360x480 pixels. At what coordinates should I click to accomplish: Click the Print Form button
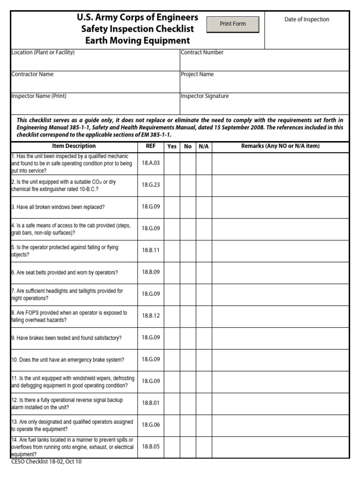(x=232, y=24)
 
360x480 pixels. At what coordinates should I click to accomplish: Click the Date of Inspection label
(x=307, y=19)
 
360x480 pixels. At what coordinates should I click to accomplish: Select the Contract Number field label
(x=202, y=52)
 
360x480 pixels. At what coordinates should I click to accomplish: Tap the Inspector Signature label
(x=205, y=96)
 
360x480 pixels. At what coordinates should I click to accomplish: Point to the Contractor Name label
(x=32, y=74)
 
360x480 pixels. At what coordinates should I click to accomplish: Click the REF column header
(x=150, y=146)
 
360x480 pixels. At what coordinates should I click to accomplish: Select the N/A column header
(x=203, y=147)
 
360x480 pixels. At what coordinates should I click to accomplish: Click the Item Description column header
(x=74, y=146)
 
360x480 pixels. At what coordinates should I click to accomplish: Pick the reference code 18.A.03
(x=150, y=163)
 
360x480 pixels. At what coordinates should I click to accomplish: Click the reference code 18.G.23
(x=150, y=185)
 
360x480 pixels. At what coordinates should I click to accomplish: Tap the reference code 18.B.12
(x=150, y=316)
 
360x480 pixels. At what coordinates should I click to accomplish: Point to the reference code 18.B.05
(x=150, y=447)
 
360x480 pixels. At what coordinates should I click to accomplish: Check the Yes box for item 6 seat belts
(x=172, y=272)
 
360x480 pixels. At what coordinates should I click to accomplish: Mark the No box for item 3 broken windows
(x=187, y=207)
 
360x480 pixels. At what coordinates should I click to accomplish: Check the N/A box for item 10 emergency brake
(x=203, y=360)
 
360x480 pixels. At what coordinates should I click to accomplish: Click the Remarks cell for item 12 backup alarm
(x=280, y=403)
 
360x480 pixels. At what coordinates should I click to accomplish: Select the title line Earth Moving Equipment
(x=137, y=41)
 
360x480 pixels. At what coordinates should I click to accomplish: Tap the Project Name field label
(x=197, y=74)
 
